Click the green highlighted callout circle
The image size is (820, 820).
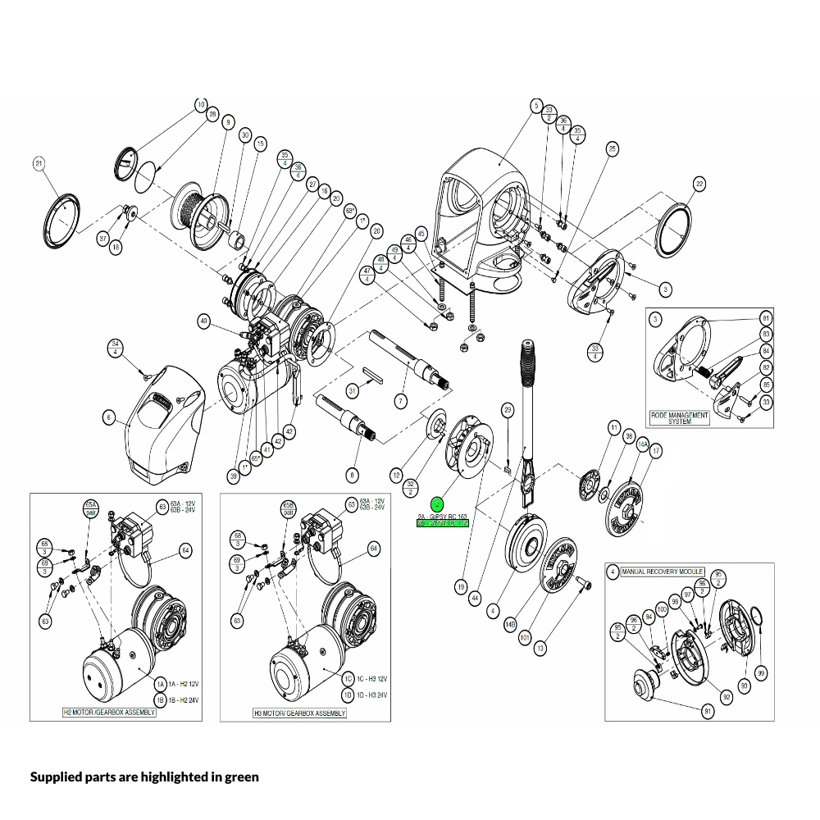pos(437,503)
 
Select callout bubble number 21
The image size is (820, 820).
pos(39,163)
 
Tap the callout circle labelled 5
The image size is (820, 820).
pos(536,106)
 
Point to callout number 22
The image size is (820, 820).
pos(699,184)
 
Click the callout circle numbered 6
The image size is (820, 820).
pos(108,417)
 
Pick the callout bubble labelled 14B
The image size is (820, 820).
pos(510,625)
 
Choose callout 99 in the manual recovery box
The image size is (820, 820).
pos(762,673)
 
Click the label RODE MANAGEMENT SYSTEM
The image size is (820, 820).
pos(680,418)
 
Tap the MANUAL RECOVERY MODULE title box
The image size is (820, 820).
pos(662,571)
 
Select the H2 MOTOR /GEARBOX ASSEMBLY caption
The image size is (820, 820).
pos(109,713)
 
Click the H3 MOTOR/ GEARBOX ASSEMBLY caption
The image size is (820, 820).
pos(299,713)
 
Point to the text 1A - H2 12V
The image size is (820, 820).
pos(184,683)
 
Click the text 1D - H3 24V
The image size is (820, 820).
pos(374,695)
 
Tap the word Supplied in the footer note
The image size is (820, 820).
pos(57,776)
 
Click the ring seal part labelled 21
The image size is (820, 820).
pos(63,217)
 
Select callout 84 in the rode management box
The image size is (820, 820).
pos(766,351)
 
